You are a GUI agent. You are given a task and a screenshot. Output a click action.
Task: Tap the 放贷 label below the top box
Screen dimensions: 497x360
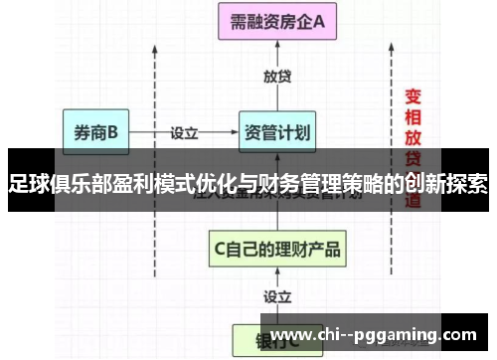click(277, 78)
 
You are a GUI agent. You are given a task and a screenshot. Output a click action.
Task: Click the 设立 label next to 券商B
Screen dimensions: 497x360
click(184, 131)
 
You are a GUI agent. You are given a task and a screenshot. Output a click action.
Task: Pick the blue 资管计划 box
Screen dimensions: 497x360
click(277, 131)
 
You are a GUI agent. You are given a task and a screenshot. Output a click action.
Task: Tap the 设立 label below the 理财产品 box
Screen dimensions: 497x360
click(277, 296)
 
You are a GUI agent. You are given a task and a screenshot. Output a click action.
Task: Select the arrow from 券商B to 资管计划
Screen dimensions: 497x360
click(189, 130)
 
